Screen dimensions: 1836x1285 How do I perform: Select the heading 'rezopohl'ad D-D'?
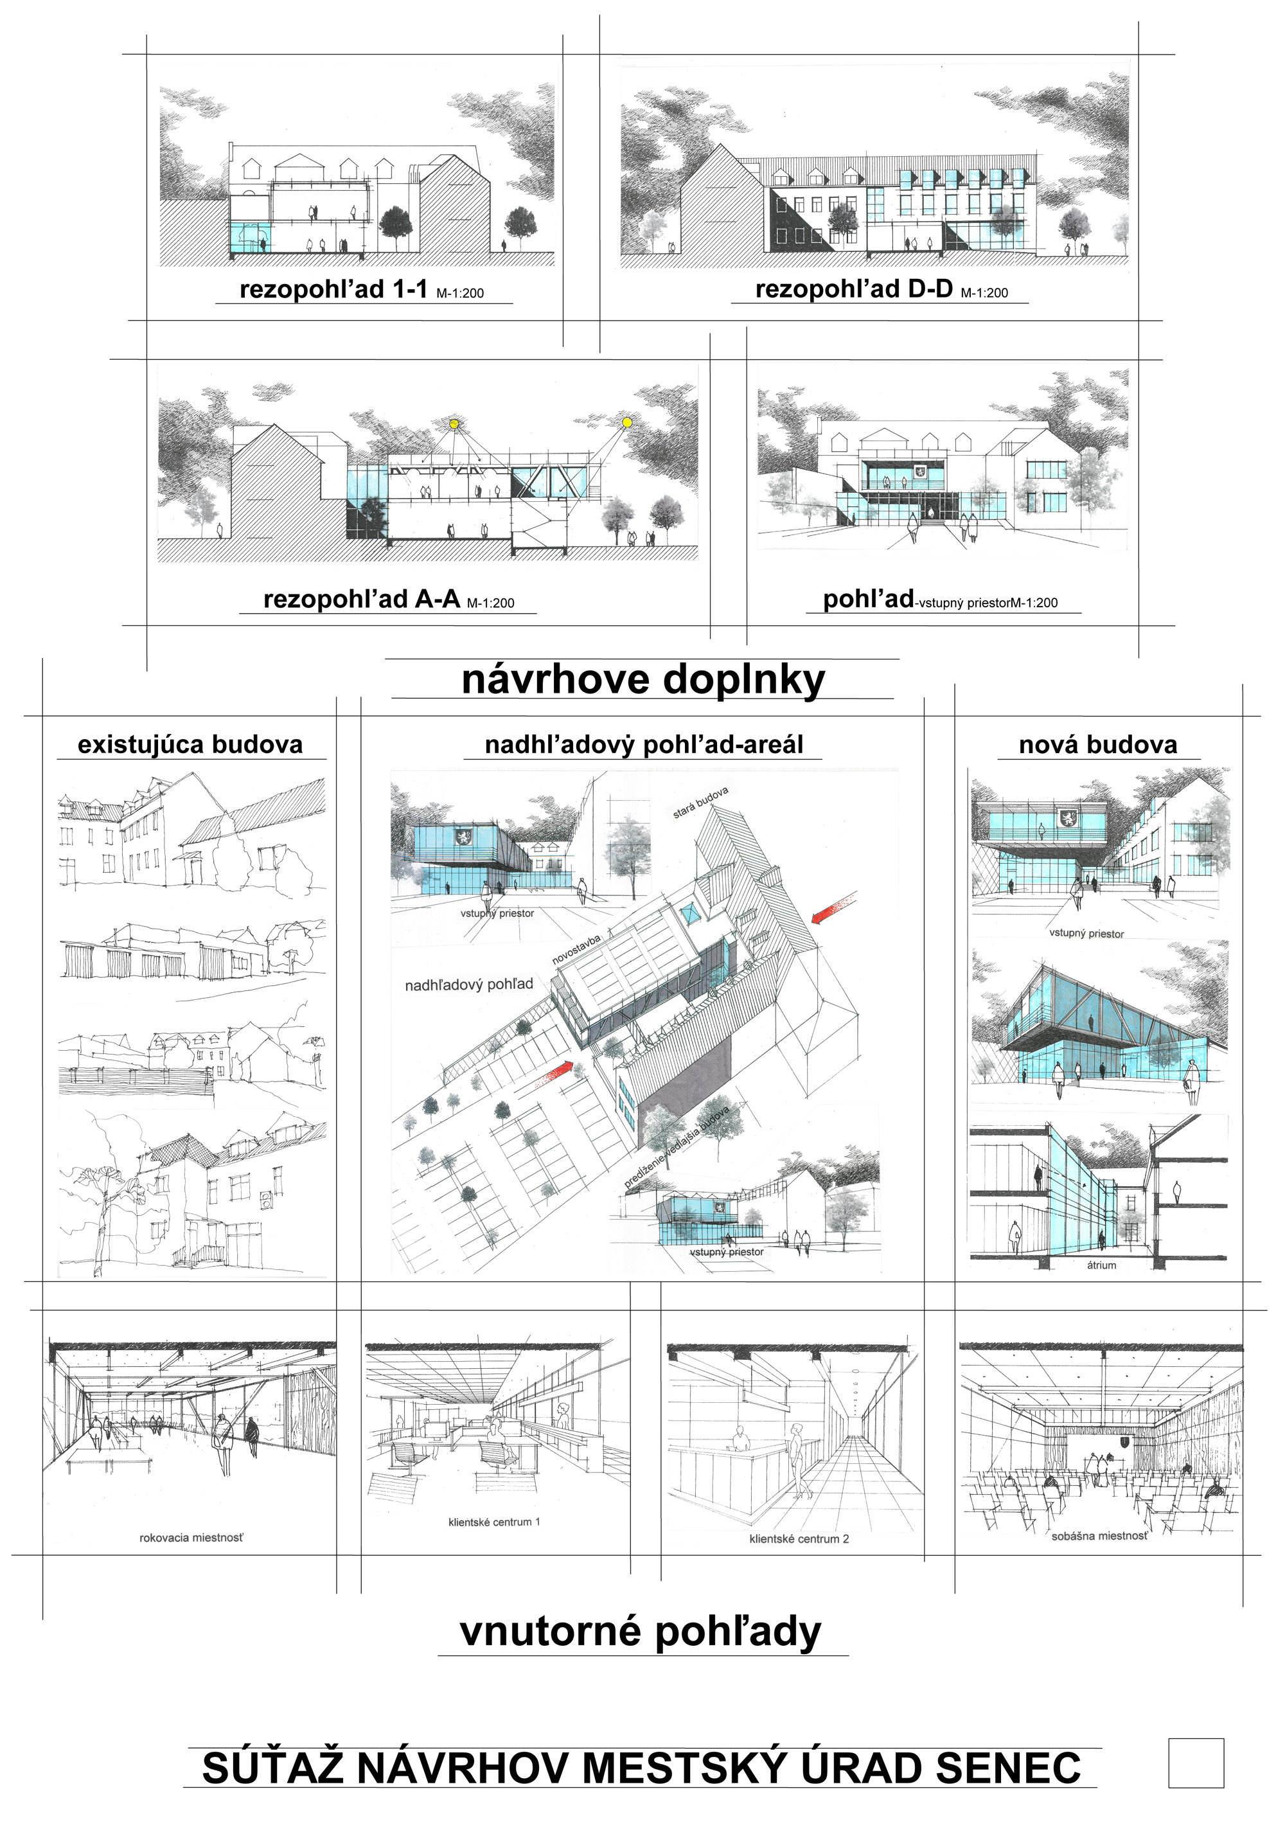853,289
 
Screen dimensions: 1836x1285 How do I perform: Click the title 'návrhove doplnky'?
643,680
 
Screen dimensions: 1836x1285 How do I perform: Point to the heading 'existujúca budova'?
190,745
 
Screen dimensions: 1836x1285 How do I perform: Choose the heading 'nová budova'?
1097,745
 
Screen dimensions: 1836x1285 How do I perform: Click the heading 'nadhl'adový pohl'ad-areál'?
644,745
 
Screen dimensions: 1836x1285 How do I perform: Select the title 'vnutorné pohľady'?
641,1632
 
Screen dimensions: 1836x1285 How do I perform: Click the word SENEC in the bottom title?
1008,1768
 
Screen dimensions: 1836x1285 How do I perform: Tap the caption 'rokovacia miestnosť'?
191,1538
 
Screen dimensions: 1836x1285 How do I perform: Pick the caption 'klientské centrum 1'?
494,1522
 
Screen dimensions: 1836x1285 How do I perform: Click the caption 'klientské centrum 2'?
799,1538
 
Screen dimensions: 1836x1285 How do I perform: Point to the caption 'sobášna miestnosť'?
1099,1535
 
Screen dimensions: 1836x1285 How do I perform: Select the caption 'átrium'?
1101,1265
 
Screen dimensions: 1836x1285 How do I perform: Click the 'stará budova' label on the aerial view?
700,802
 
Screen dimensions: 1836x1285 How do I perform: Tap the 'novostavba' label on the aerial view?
576,949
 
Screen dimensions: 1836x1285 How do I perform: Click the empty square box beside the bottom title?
1196,1763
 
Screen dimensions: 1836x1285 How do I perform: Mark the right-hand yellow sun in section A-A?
627,422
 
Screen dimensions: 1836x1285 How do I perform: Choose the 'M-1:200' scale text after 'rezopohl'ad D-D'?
984,292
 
